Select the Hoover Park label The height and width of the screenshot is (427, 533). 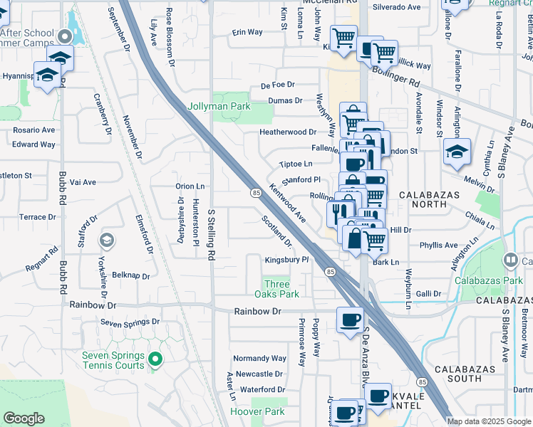[257, 411]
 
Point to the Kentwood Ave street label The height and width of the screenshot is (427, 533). [287, 202]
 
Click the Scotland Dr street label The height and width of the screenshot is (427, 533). [277, 231]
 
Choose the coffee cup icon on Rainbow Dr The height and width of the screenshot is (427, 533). [349, 320]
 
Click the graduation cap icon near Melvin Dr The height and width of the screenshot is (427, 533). [456, 151]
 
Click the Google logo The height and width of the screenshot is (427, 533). [24, 418]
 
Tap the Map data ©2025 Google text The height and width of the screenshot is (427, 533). [489, 421]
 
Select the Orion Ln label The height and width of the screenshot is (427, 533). [190, 186]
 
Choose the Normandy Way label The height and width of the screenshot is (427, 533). [261, 359]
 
